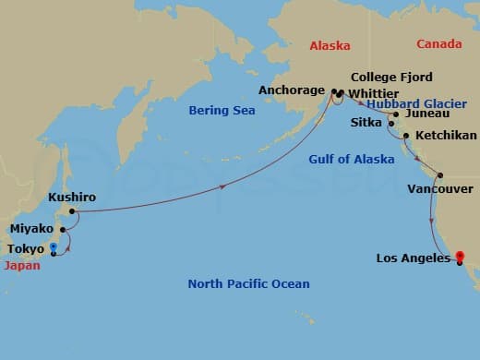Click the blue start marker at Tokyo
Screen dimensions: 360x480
coord(54,246)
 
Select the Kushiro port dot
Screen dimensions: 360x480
coord(72,211)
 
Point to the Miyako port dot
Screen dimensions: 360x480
coord(62,229)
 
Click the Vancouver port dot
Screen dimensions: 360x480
coord(440,175)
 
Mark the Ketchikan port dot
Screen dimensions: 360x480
coord(406,136)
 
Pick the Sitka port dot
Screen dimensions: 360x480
coord(391,123)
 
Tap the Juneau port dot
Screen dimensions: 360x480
coord(396,114)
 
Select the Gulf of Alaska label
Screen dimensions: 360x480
coord(351,160)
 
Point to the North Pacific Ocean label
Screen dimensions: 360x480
coord(248,283)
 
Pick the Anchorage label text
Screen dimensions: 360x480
coord(291,90)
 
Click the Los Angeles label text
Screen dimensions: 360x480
coord(413,258)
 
